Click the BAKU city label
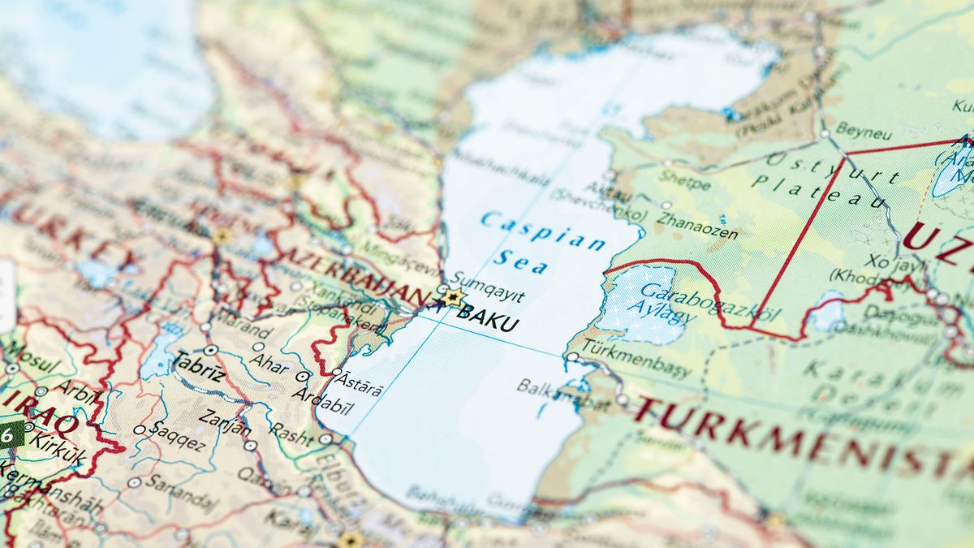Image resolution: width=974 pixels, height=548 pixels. pyautogui.click(x=488, y=321)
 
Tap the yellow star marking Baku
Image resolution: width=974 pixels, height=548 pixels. pyautogui.click(x=452, y=297)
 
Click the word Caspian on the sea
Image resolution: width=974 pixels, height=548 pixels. pyautogui.click(x=543, y=231)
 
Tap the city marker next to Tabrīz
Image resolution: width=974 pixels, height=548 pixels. pyautogui.click(x=211, y=350)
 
